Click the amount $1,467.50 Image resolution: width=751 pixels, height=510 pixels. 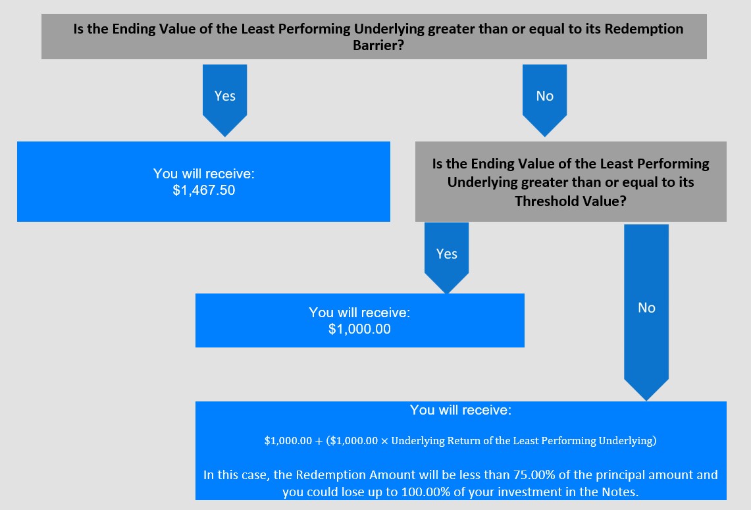204,190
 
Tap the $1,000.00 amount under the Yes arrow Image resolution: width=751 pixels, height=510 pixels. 359,329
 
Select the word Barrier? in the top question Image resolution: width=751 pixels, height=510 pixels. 378,45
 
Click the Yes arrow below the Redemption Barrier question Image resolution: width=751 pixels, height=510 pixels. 224,100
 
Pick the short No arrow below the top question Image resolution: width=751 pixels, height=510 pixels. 544,100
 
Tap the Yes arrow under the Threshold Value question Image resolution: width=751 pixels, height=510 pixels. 446,258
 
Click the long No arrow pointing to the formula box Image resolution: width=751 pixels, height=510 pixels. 646,312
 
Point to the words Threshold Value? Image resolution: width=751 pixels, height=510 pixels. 571,201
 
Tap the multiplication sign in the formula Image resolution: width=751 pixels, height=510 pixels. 384,440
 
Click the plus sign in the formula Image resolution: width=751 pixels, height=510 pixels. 319,440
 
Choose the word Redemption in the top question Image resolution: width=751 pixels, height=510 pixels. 644,29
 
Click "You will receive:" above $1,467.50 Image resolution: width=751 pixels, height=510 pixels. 204,173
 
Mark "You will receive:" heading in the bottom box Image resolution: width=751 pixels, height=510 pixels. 461,410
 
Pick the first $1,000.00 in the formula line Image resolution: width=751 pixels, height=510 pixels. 288,440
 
